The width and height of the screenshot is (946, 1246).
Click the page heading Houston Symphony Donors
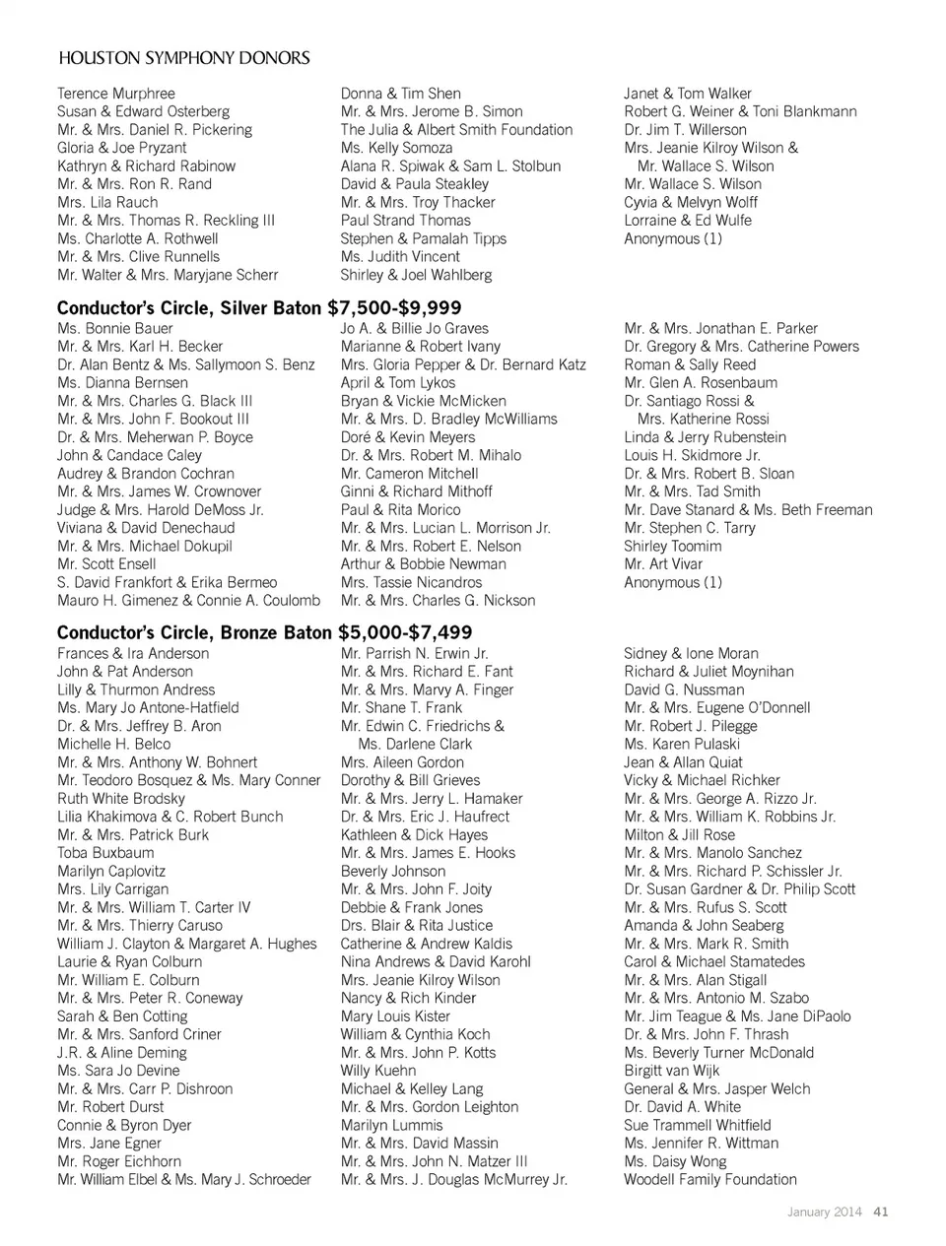(184, 58)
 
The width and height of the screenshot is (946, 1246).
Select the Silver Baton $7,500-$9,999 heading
(259, 308)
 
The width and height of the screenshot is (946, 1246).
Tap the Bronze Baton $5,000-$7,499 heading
(264, 632)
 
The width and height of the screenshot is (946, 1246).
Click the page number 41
(881, 1212)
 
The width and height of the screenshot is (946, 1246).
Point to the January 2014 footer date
(825, 1212)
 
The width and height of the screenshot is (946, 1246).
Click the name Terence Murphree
(116, 94)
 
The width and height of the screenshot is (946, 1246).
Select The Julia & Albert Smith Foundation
(456, 130)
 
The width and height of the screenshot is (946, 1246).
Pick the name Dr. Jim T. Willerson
(685, 130)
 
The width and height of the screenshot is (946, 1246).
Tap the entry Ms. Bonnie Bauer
(115, 329)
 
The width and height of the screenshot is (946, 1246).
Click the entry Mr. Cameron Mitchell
(409, 474)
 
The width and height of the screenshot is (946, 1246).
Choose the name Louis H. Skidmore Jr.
(692, 456)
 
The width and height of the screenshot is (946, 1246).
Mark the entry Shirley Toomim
(672, 547)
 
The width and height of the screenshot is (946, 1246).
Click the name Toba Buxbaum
(105, 853)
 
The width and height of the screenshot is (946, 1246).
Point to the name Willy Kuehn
(378, 1071)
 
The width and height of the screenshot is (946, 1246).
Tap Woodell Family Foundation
(709, 1180)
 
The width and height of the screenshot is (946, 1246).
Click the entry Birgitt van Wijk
(672, 1071)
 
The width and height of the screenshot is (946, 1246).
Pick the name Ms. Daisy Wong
(675, 1161)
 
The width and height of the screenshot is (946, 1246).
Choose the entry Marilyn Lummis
(391, 1126)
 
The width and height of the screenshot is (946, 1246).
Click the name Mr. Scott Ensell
(106, 564)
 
